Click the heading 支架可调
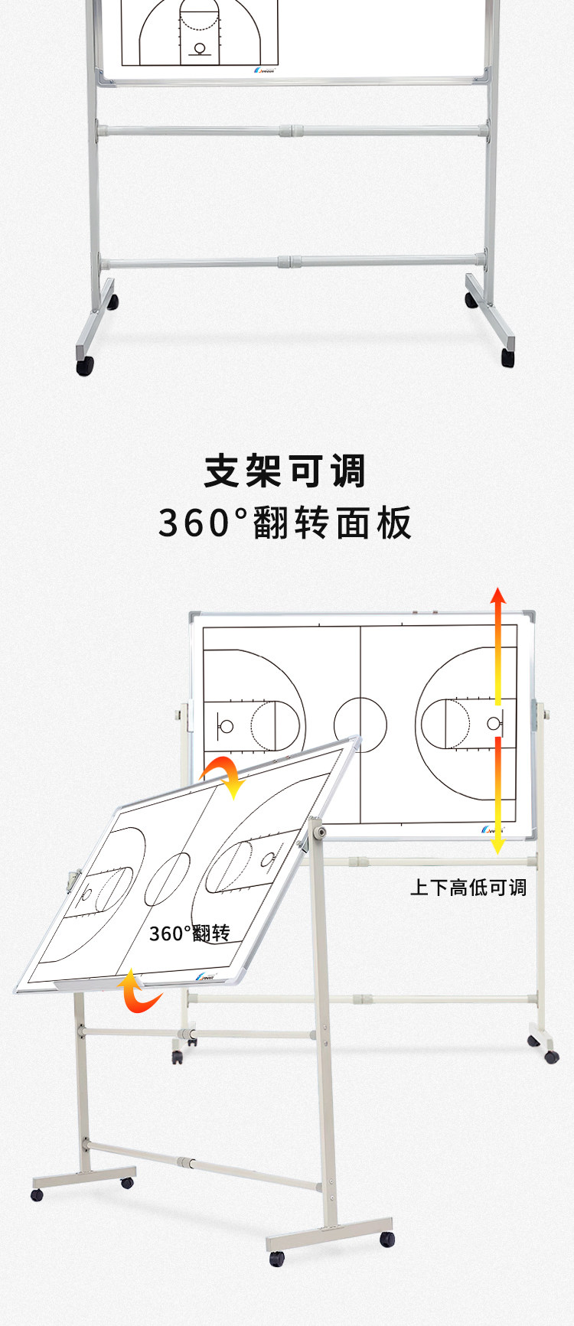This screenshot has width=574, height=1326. click(x=285, y=471)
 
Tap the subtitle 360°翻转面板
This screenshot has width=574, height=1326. click(x=285, y=523)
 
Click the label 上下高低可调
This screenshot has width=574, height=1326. click(x=468, y=888)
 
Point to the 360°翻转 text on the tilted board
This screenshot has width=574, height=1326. click(x=189, y=933)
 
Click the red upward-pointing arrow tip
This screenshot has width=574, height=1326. click(x=498, y=595)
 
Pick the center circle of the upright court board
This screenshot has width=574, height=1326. click(x=360, y=724)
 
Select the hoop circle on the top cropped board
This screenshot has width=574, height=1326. click(x=201, y=49)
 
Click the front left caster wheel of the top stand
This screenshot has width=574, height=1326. click(x=85, y=365)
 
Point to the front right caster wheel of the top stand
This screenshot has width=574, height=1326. click(x=508, y=357)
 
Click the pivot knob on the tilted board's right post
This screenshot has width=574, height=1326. click(x=320, y=831)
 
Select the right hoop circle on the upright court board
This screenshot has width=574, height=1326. click(x=493, y=723)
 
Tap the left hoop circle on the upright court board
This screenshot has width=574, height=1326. click(x=226, y=725)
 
